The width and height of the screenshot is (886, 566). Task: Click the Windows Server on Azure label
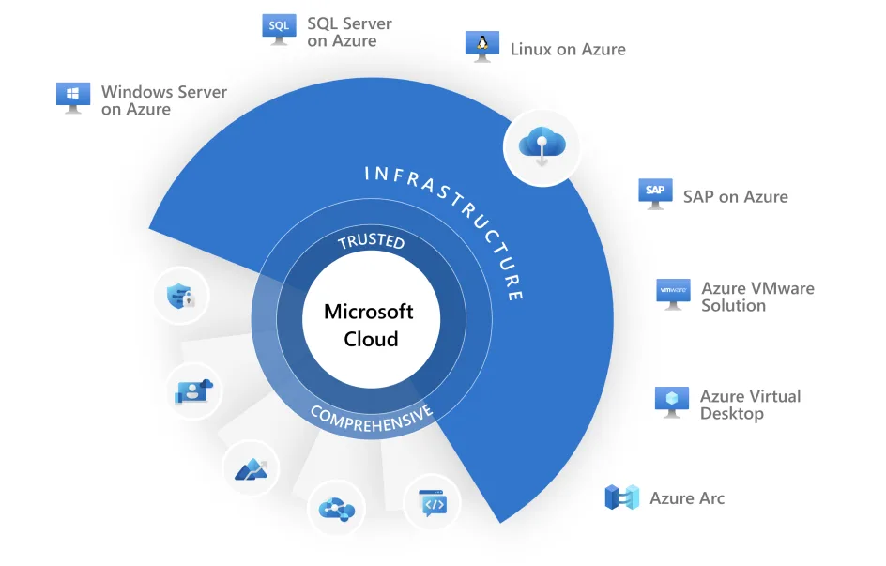[163, 100]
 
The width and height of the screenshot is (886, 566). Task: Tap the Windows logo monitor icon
[73, 97]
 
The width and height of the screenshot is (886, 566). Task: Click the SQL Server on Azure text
[349, 32]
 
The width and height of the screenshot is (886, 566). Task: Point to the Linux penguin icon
[482, 45]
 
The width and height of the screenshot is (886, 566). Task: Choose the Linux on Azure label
[567, 49]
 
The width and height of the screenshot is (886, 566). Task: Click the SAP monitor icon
[655, 192]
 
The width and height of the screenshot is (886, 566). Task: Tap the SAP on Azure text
[735, 196]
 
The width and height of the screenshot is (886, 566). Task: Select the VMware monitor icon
[673, 294]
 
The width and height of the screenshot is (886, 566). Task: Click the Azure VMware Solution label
[756, 297]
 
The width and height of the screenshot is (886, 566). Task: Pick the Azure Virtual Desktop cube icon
[672, 401]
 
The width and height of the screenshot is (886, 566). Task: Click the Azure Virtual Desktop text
[750, 405]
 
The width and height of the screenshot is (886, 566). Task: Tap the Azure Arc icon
[621, 497]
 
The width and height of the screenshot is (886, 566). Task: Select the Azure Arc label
[687, 498]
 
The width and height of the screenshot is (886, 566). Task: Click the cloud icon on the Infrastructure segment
[542, 145]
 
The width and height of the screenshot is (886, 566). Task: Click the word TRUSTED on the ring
[371, 241]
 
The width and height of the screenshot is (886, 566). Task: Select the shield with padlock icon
[180, 297]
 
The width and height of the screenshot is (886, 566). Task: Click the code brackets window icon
[432, 503]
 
